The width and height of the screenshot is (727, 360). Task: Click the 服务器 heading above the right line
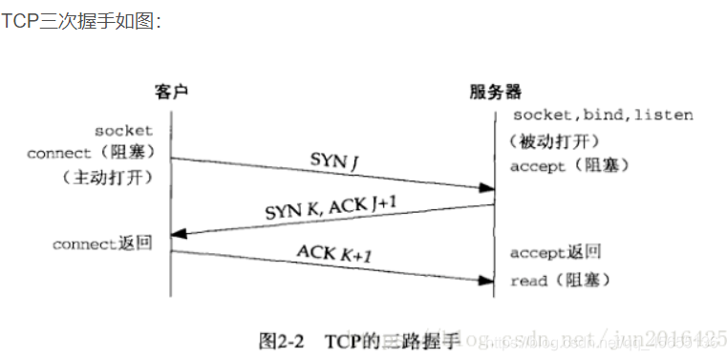point(496,92)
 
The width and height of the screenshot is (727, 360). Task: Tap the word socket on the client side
point(123,130)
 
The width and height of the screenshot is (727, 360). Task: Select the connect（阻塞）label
point(92,153)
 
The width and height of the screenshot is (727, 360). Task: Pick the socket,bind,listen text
point(603,116)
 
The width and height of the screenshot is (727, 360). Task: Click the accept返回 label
point(555,253)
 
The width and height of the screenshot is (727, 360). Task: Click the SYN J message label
point(333,159)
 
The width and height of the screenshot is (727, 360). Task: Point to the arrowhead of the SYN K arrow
point(179,233)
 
